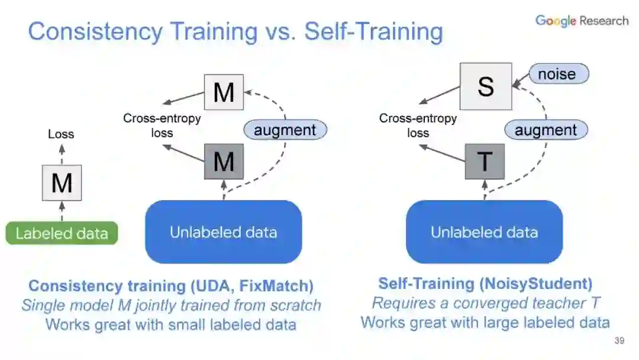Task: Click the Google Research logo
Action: tap(582, 21)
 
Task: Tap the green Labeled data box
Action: tap(62, 233)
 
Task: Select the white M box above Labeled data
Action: tap(62, 183)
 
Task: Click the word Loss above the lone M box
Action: tap(61, 134)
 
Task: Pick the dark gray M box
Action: tap(224, 161)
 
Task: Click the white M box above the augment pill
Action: tap(224, 92)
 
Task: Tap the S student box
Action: tap(486, 86)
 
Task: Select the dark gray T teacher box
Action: tap(485, 161)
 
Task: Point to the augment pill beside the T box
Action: tap(546, 130)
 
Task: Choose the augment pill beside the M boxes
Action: tap(285, 130)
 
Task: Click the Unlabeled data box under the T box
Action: tap(484, 232)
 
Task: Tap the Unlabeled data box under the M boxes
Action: tap(224, 232)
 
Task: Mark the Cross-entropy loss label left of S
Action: tap(418, 126)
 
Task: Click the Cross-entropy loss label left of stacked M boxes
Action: tap(162, 126)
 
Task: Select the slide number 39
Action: tap(619, 341)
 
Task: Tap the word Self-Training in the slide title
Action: tap(373, 32)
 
